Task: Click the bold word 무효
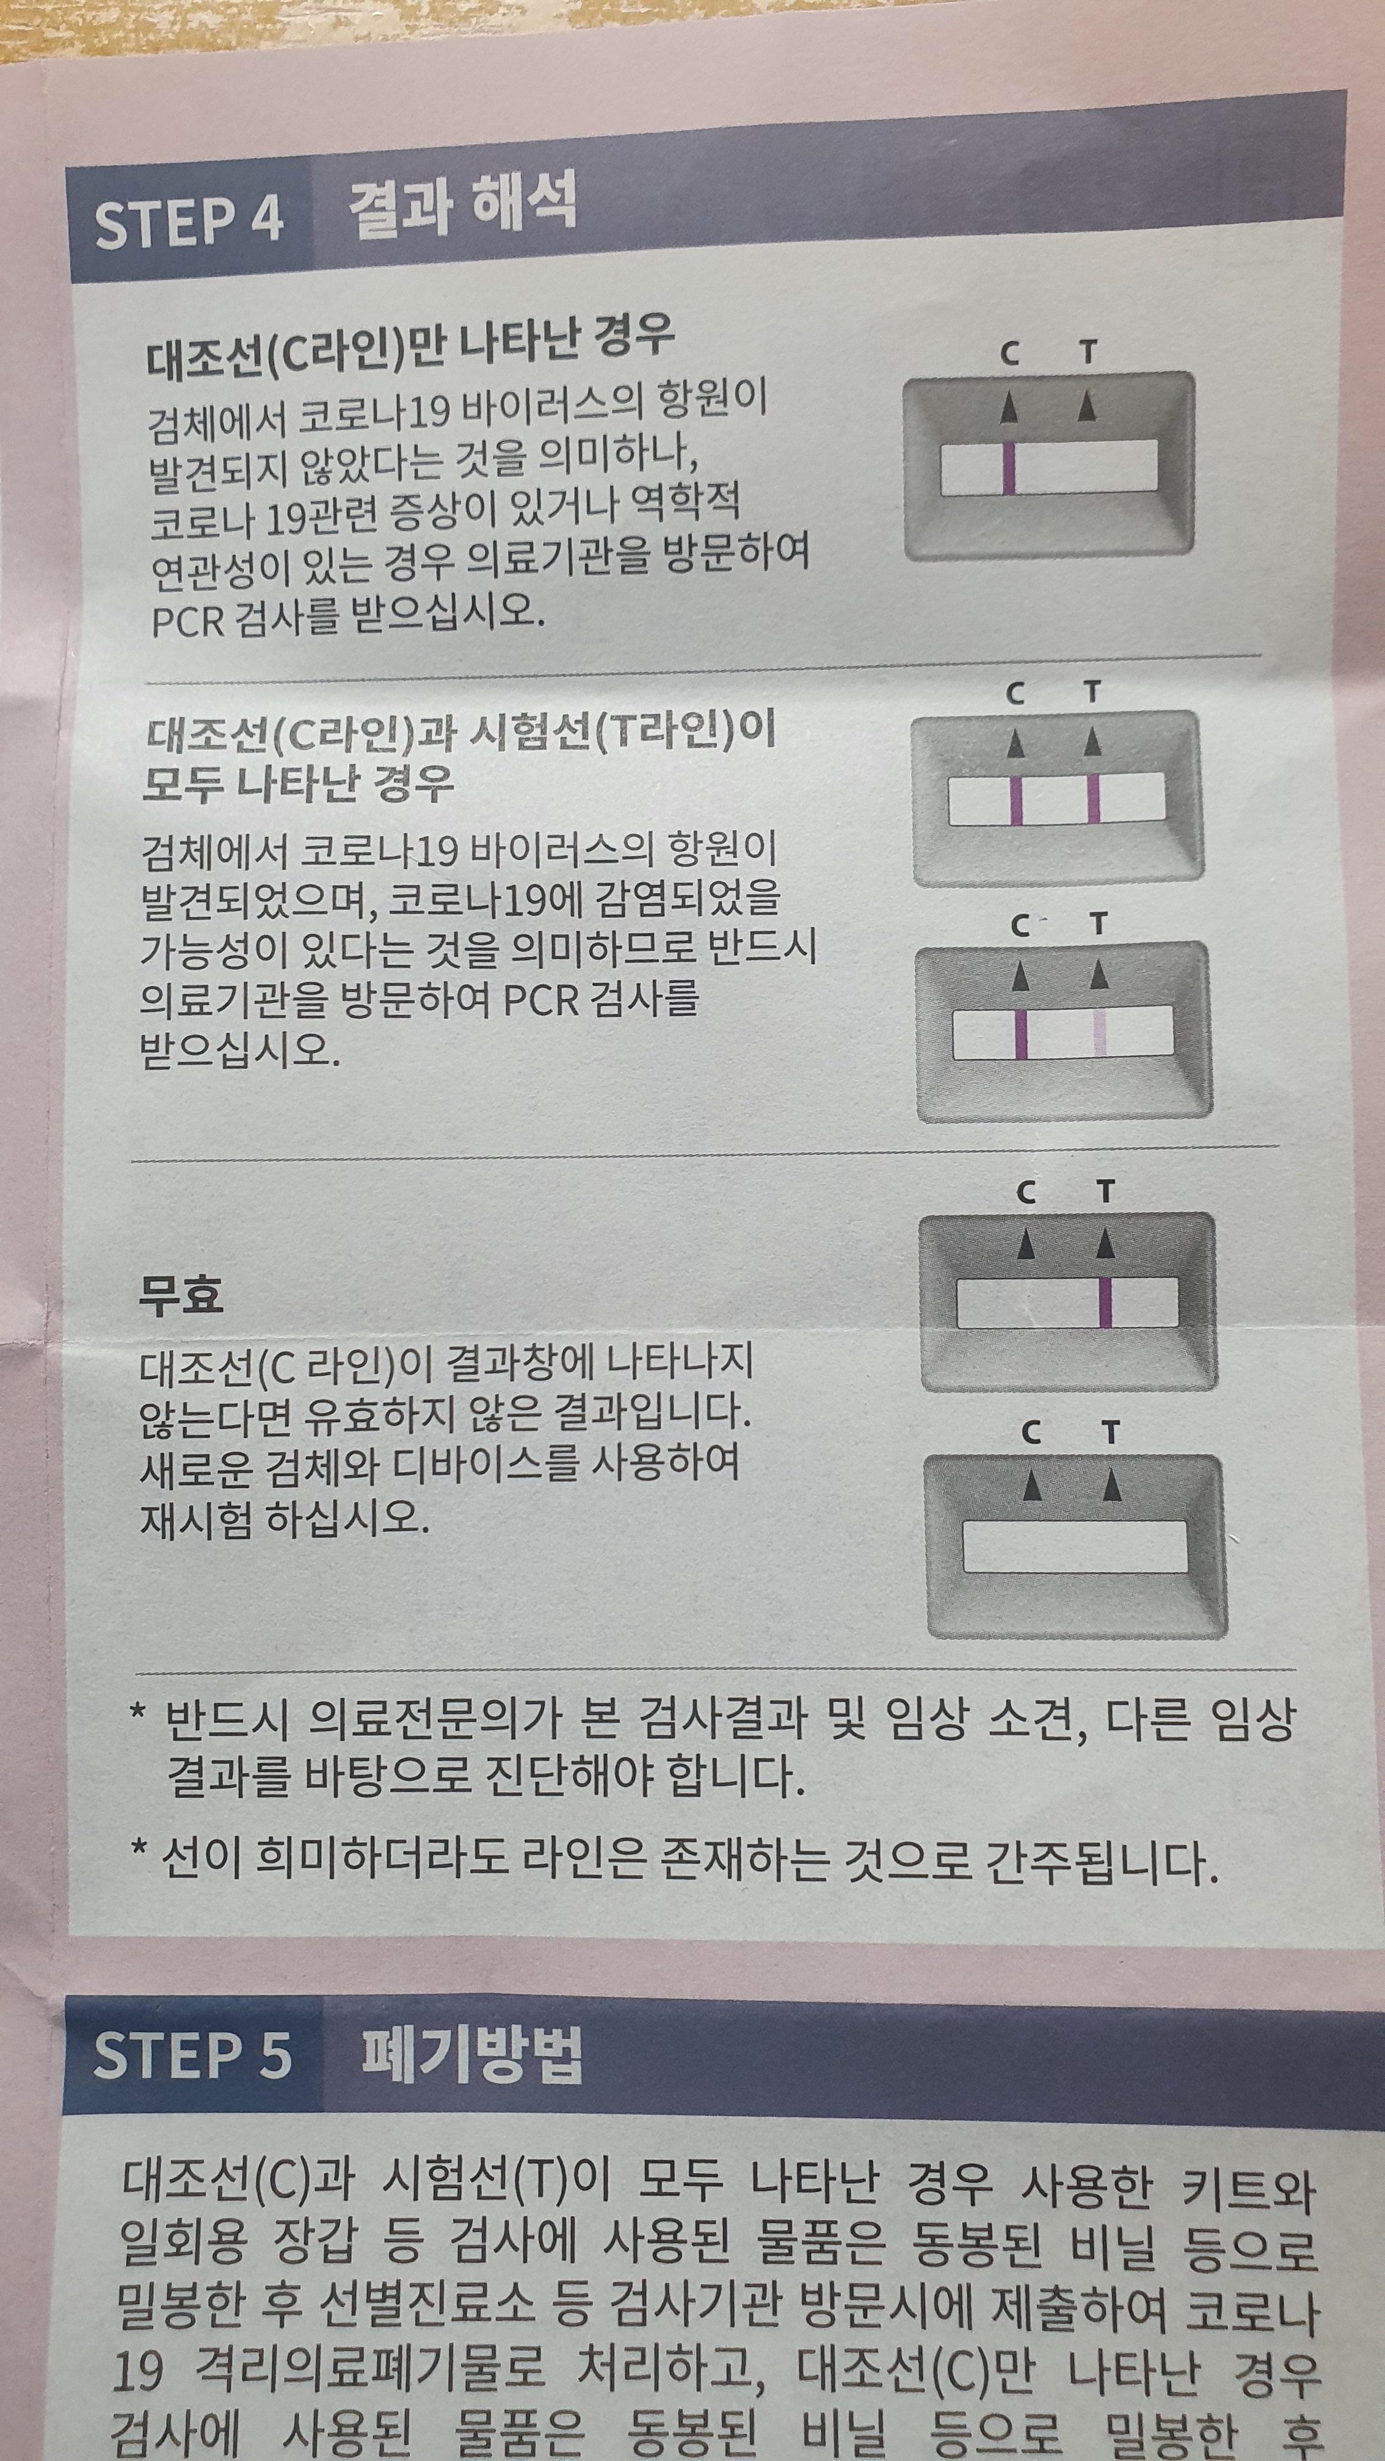(181, 1295)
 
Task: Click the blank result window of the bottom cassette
(1074, 1547)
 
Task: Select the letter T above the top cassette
(1088, 353)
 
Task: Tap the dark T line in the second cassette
(1094, 799)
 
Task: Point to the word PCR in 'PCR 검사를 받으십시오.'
(187, 621)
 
